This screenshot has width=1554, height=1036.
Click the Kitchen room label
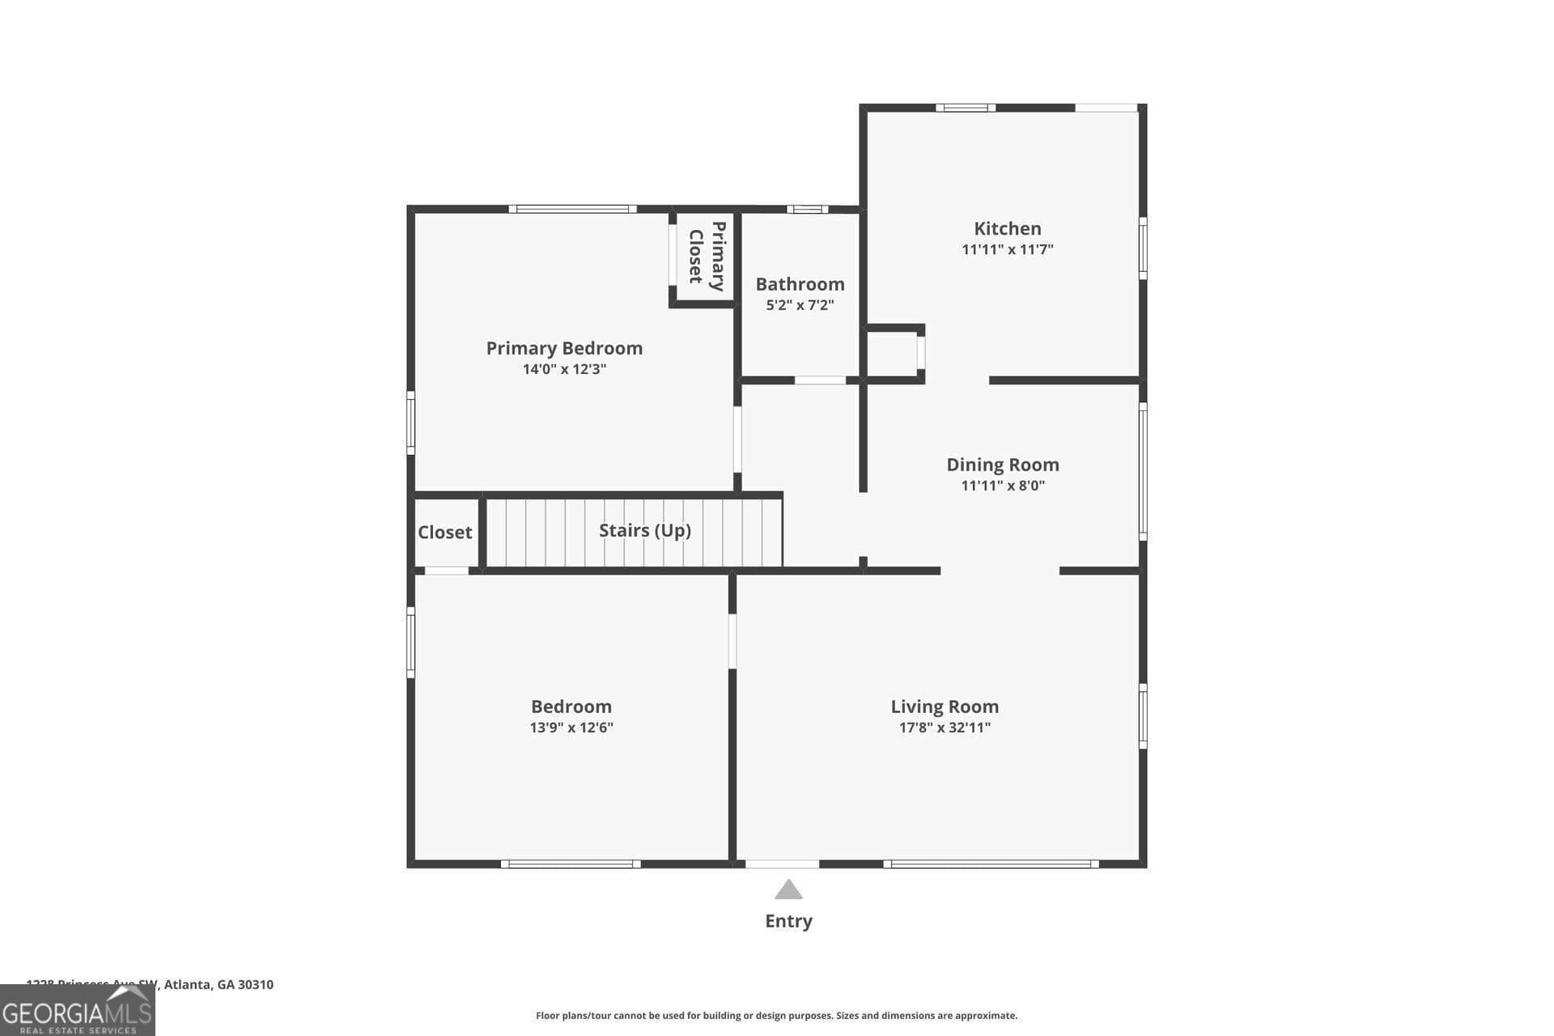tap(1007, 229)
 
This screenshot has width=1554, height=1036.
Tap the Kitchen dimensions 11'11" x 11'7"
tap(1007, 250)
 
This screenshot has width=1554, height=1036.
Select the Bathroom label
tap(800, 284)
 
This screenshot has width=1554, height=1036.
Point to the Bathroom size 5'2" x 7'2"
tap(800, 305)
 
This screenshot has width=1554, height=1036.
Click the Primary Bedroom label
tap(564, 348)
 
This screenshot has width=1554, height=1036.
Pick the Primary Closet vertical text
tap(706, 256)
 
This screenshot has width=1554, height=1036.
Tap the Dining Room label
tap(1002, 465)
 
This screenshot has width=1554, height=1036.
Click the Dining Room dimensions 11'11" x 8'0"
tap(1002, 486)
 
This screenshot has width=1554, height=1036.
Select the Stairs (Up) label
tap(644, 530)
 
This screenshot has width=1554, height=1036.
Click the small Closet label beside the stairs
tap(444, 533)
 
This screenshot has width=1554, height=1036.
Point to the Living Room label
tap(945, 707)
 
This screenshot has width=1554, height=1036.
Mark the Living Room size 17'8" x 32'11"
tap(945, 728)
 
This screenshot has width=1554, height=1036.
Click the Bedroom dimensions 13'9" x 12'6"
tap(571, 728)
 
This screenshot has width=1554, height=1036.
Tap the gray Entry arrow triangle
tap(788, 891)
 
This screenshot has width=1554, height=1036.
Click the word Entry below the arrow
tap(788, 921)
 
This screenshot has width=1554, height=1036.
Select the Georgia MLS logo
tap(77, 1012)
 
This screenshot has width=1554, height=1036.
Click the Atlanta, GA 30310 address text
tap(219, 985)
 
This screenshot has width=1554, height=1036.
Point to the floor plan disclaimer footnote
tap(776, 1016)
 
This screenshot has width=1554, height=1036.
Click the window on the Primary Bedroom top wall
tap(572, 210)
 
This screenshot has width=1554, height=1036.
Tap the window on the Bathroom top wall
tap(806, 210)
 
